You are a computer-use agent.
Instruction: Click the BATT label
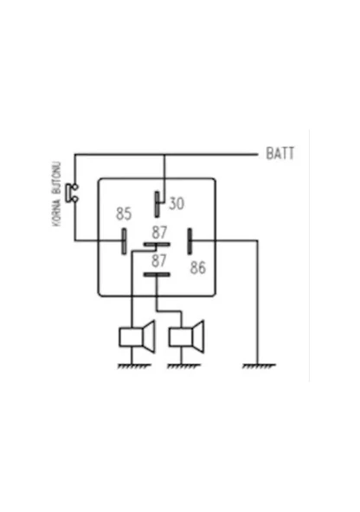[x=280, y=153]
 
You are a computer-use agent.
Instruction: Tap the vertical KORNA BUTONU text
[x=57, y=194]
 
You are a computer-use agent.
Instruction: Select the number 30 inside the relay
[x=177, y=203]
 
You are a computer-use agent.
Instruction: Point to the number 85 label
[x=124, y=214]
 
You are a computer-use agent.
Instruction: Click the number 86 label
[x=198, y=267]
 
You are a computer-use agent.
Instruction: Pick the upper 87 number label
[x=159, y=233]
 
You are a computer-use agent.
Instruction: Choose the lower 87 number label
[x=159, y=261]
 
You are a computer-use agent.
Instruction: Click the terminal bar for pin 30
[x=157, y=204]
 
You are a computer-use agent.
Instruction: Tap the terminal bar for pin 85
[x=124, y=241]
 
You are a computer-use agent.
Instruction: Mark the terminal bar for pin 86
[x=190, y=241]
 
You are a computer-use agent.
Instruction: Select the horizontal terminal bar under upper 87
[x=157, y=244]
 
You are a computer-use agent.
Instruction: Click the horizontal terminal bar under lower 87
[x=157, y=274]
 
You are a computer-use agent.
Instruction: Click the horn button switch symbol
[x=72, y=193]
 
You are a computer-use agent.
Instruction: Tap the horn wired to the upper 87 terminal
[x=137, y=337]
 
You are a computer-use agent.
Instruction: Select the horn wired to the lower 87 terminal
[x=187, y=337]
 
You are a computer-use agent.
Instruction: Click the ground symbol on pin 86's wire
[x=259, y=366]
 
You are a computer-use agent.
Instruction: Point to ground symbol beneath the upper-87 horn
[x=134, y=366]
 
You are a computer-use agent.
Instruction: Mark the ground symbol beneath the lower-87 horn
[x=183, y=366]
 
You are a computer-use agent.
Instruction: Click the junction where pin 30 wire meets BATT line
[x=164, y=155]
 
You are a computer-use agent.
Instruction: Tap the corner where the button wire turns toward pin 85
[x=75, y=240]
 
